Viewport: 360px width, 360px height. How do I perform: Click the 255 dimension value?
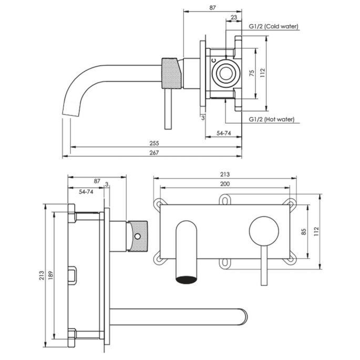(x=154, y=143)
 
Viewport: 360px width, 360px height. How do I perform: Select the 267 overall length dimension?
(x=154, y=152)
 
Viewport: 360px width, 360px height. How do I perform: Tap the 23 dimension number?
(x=233, y=17)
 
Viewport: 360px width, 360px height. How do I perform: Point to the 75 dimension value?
(x=252, y=73)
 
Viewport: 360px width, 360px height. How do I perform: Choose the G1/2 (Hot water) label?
(x=271, y=120)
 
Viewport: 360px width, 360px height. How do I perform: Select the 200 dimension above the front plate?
(x=225, y=183)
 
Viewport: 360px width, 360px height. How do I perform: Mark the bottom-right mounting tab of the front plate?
(x=290, y=258)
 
